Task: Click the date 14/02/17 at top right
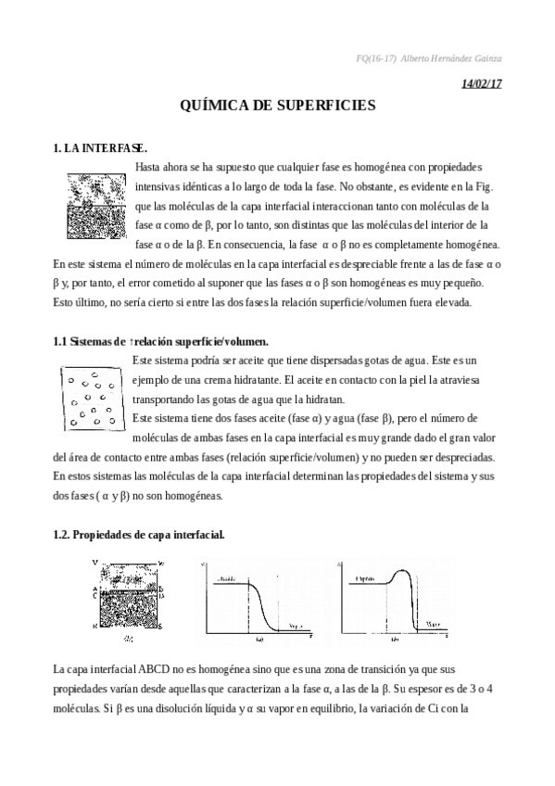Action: (x=481, y=83)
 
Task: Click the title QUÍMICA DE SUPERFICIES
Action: (x=277, y=106)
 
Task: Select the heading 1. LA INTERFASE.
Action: (x=100, y=147)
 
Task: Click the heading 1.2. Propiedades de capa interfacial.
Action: (x=138, y=536)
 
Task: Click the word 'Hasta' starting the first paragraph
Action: (x=149, y=166)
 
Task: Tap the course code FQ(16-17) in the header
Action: (x=375, y=58)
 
